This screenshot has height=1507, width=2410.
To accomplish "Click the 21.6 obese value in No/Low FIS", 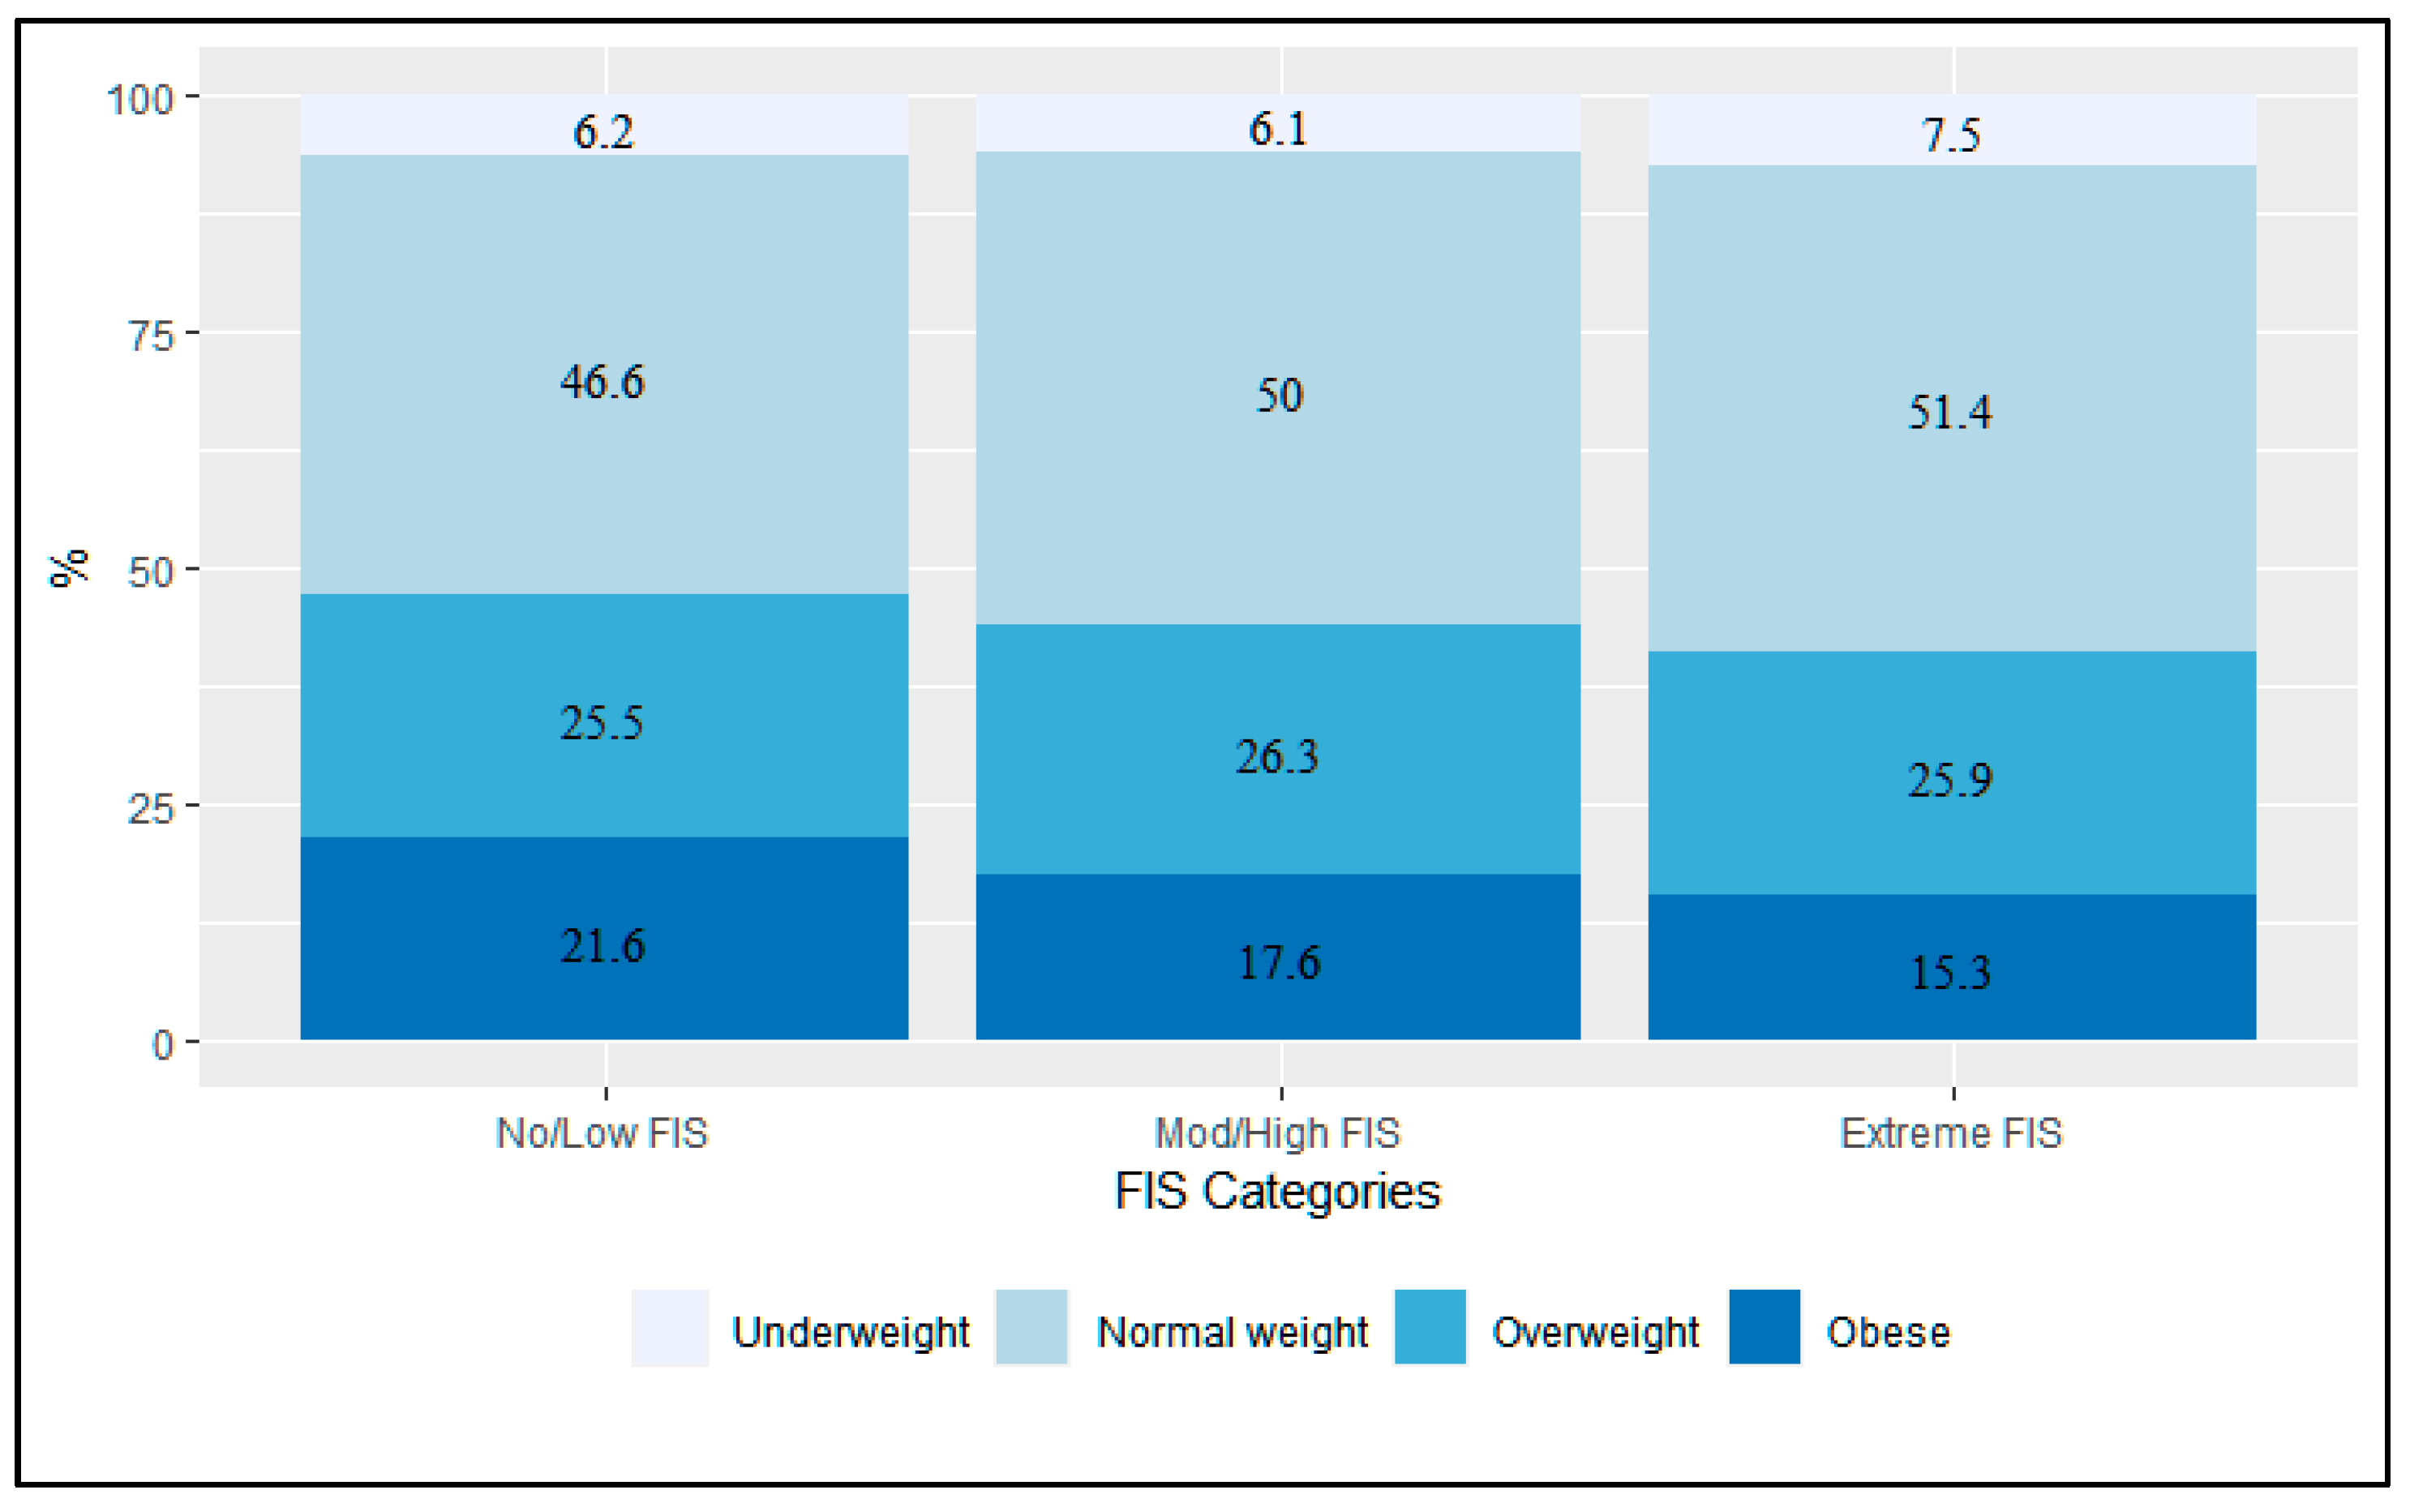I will pyautogui.click(x=602, y=946).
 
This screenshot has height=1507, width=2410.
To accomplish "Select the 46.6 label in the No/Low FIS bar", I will pyautogui.click(x=602, y=382).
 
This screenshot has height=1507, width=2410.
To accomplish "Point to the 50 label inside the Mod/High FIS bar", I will pyautogui.click(x=1279, y=396).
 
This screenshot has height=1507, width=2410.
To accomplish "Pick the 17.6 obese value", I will pyautogui.click(x=1279, y=963).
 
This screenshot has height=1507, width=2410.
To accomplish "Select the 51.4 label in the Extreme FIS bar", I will pyautogui.click(x=1949, y=413).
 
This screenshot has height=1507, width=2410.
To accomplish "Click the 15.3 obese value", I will pyautogui.click(x=1949, y=973).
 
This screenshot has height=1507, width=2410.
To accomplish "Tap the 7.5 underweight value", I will pyautogui.click(x=1950, y=135).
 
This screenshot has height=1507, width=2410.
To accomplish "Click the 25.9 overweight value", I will pyautogui.click(x=1949, y=781).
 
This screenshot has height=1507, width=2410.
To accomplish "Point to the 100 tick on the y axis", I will pyautogui.click(x=140, y=100).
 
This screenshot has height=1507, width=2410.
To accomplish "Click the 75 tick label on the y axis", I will pyautogui.click(x=152, y=336).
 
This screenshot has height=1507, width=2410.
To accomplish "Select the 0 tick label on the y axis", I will pyautogui.click(x=162, y=1046).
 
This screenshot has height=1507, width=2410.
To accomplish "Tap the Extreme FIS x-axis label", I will pyautogui.click(x=1950, y=1134).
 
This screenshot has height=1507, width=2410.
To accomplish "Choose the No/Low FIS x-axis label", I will pyautogui.click(x=602, y=1134).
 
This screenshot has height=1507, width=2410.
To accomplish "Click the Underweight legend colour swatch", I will pyautogui.click(x=670, y=1328).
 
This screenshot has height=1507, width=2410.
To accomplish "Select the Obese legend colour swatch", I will pyautogui.click(x=1765, y=1328).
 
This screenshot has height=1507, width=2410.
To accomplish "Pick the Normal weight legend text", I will pyautogui.click(x=1232, y=1333).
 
